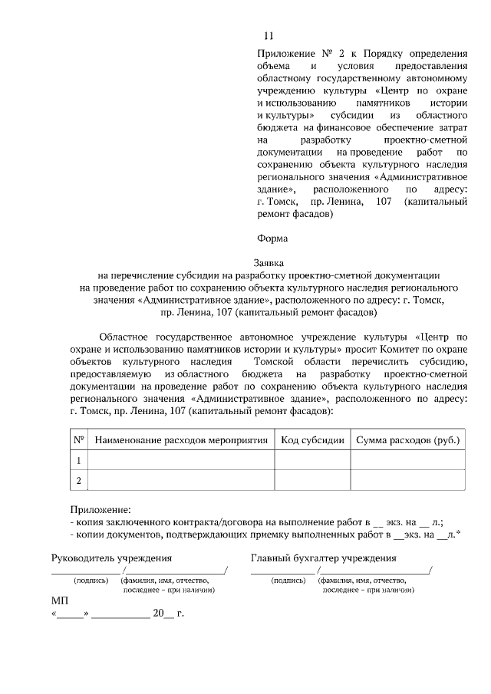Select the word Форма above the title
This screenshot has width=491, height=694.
click(x=272, y=238)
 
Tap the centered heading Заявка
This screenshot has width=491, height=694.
click(x=269, y=261)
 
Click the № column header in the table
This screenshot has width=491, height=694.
click(x=78, y=440)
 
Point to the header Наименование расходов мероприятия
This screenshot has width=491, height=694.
click(x=181, y=440)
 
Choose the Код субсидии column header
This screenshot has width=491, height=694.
click(x=310, y=440)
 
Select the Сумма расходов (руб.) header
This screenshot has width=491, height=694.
click(x=407, y=440)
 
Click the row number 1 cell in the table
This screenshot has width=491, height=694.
click(x=78, y=460)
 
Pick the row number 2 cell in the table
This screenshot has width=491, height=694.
click(x=78, y=481)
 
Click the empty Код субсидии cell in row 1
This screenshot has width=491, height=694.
click(x=310, y=460)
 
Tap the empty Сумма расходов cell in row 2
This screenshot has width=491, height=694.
click(x=407, y=481)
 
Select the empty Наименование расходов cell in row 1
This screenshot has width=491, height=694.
click(x=181, y=460)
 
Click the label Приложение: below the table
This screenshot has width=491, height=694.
click(x=100, y=509)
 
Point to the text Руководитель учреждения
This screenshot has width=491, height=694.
click(x=111, y=558)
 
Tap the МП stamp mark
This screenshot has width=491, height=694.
click(x=60, y=600)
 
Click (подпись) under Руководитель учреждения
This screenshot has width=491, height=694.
click(x=91, y=581)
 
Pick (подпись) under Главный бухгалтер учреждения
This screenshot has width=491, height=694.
click(x=288, y=581)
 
